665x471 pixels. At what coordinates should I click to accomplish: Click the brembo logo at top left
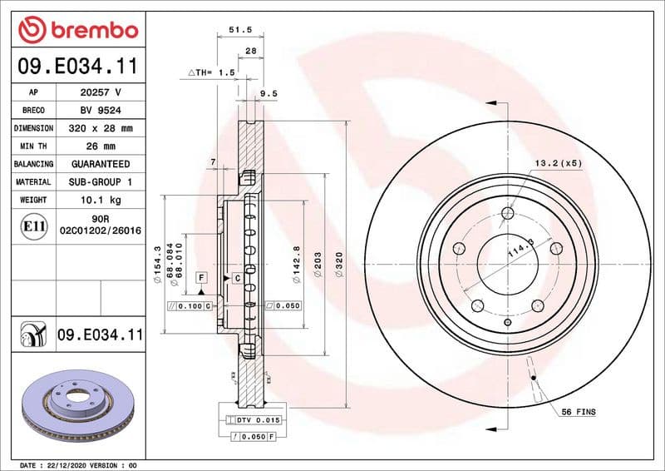(x=77, y=30)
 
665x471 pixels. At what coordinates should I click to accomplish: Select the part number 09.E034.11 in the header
(x=77, y=66)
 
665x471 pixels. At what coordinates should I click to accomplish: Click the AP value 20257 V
(x=101, y=92)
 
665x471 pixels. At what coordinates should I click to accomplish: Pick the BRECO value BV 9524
(x=101, y=110)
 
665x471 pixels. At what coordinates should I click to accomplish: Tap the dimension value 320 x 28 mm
(x=101, y=128)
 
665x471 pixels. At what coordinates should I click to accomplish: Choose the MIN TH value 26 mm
(x=101, y=146)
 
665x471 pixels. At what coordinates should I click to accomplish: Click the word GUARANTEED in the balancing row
(x=101, y=164)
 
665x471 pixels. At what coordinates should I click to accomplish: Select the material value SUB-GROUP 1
(x=101, y=181)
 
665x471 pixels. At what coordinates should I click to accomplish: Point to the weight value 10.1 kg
(x=101, y=200)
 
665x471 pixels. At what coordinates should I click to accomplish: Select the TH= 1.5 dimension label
(x=212, y=73)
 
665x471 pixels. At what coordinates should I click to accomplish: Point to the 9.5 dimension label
(x=268, y=94)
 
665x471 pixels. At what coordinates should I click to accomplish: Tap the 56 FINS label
(x=579, y=412)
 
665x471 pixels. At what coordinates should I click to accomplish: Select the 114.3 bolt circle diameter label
(x=521, y=253)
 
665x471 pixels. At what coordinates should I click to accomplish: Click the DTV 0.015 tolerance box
(x=258, y=419)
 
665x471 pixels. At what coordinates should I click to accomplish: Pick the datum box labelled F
(x=201, y=275)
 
